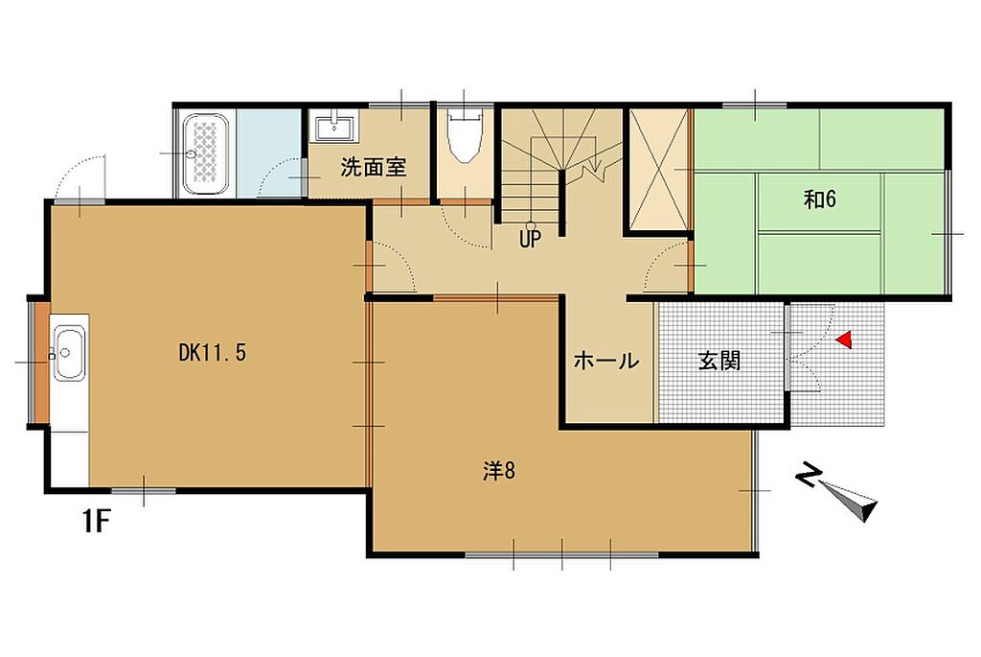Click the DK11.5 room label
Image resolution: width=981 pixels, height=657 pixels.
point(213,353)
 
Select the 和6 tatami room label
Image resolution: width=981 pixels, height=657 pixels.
point(820,199)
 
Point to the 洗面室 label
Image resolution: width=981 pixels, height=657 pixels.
point(374,167)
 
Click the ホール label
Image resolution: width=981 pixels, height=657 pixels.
point(606,361)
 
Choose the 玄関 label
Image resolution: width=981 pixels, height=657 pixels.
point(719,361)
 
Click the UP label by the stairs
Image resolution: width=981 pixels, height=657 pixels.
point(530,239)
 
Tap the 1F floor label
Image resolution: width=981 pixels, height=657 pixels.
point(97,521)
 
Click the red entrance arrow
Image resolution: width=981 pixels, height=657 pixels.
point(844,340)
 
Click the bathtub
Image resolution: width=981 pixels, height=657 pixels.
point(205,153)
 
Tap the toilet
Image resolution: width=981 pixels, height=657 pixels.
point(465,135)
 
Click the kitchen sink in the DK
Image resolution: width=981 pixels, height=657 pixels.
point(69,353)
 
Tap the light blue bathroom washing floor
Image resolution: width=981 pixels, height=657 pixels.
point(268,153)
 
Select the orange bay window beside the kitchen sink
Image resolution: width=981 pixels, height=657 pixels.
point(40,362)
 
